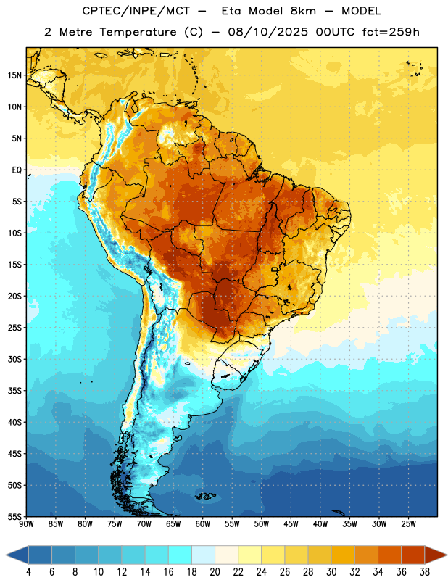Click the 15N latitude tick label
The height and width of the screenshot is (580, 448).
(14, 75)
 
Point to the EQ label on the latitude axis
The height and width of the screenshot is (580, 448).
(17, 170)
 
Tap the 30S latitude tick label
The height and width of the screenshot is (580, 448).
(14, 359)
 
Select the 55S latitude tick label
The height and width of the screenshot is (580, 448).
(14, 517)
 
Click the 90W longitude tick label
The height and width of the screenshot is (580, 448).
(26, 523)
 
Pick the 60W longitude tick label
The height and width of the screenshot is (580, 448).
(203, 523)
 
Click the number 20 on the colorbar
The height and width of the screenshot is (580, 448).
(215, 572)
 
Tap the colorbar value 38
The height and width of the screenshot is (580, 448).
(425, 572)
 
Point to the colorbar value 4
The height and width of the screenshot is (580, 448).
(28, 572)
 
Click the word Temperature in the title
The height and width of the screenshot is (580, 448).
(138, 32)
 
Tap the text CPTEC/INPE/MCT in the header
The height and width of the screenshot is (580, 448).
(136, 11)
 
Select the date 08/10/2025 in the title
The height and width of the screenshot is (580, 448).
(267, 32)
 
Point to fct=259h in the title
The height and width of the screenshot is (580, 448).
(391, 32)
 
